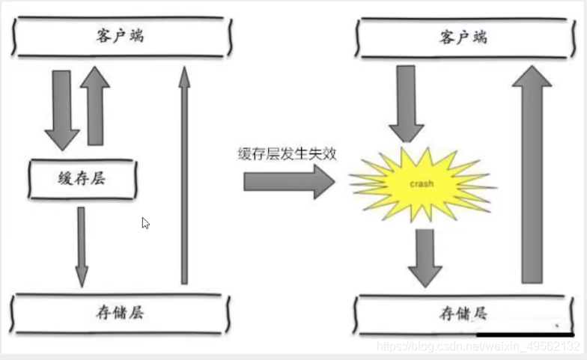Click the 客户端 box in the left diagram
(120, 37)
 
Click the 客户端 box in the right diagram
(464, 37)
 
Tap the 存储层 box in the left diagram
(120, 312)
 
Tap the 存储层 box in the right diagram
(464, 312)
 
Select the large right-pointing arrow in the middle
(288, 182)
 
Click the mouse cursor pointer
(145, 222)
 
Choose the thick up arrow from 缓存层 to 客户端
(96, 105)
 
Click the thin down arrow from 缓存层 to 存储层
(81, 245)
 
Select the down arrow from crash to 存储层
(425, 257)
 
